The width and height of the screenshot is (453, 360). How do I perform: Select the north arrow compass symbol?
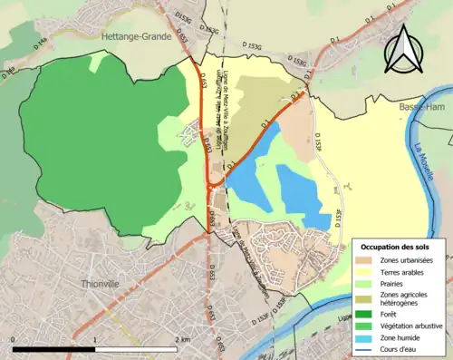[403, 49]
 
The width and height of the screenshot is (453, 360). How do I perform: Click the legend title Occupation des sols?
[398, 247]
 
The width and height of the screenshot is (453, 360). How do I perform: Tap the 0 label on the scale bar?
[14, 339]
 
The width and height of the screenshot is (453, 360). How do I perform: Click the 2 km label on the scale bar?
[181, 339]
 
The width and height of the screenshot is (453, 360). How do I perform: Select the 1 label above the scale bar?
[96, 339]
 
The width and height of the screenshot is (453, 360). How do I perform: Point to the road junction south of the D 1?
[210, 184]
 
